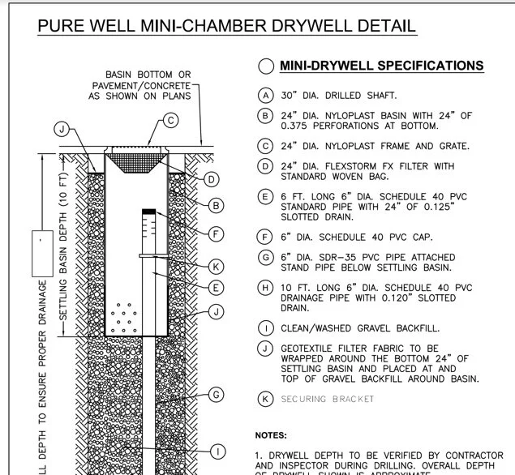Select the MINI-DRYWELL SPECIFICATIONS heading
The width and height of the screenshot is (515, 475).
381,66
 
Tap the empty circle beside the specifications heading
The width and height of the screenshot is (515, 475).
265,66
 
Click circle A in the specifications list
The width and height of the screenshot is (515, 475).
265,95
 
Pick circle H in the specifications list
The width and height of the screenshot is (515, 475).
265,288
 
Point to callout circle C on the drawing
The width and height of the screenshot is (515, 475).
170,122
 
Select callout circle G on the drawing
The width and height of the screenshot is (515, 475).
216,395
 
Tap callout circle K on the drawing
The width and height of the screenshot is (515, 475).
216,266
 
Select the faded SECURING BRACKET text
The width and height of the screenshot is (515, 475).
328,399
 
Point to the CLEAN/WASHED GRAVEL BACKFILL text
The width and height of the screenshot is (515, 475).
361,328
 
